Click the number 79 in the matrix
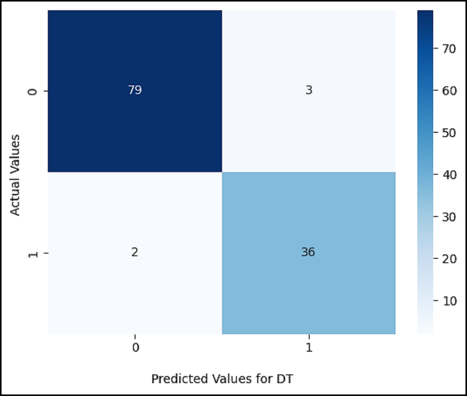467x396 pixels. coord(134,91)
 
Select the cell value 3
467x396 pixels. coord(308,91)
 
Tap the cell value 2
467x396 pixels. coord(134,252)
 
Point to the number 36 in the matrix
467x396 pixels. coord(308,252)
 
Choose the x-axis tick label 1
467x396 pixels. coord(309,348)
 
